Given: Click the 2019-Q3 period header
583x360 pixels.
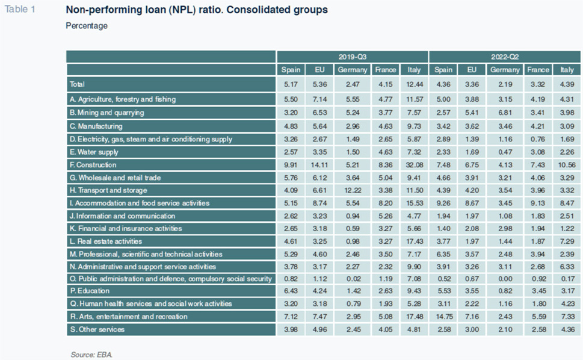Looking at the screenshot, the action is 352,57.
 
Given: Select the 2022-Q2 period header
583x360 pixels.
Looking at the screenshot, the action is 505,57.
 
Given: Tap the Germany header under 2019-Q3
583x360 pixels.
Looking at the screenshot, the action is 352,70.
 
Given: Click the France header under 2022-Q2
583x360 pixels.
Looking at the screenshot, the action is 538,70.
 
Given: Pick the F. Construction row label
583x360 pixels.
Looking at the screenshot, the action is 93,165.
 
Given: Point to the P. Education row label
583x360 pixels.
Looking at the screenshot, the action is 90,291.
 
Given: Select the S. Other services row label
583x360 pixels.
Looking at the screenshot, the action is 97,329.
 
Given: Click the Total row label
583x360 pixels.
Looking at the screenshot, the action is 78,84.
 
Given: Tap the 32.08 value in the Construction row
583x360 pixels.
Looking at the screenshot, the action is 414,165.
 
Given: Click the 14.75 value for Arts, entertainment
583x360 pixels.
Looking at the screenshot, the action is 443,317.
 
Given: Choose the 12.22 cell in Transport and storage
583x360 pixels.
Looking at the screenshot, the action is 353,190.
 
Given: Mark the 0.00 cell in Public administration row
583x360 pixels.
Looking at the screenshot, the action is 505,279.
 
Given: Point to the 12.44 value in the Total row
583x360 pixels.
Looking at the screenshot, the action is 414,84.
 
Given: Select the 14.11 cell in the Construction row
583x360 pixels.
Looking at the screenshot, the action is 319,165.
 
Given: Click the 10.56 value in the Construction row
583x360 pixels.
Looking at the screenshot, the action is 567,165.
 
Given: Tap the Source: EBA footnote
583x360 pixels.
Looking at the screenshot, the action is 91,355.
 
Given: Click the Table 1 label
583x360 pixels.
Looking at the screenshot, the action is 20,9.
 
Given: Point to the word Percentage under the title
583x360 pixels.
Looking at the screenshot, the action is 87,26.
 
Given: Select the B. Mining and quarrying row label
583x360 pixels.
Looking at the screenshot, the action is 106,113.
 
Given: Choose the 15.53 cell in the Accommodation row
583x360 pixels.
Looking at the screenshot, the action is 414,203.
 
